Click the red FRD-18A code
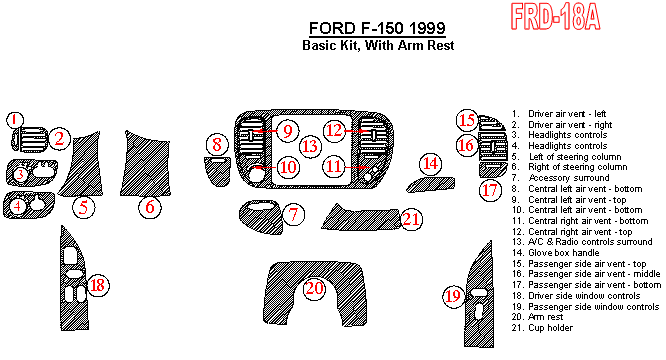point(556,17)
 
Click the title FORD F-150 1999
point(377,28)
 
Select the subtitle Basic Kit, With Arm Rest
point(378,45)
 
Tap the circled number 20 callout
point(314,288)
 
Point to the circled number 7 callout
point(293,214)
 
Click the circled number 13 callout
point(310,146)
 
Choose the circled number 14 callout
point(430,163)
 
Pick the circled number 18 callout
point(98,285)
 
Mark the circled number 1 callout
point(15,120)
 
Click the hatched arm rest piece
point(315,293)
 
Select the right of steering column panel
point(145,165)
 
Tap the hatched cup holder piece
point(362,218)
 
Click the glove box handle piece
point(430,185)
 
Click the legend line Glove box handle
point(556,253)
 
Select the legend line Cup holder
point(542,328)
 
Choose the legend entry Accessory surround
point(561,178)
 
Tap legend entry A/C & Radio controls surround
point(582,242)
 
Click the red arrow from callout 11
point(357,167)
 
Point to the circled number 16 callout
point(466,145)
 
